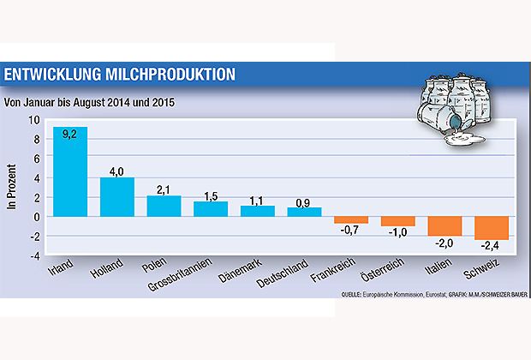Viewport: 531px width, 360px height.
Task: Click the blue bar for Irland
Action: coord(70,171)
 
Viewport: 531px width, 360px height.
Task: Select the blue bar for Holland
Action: coord(116,197)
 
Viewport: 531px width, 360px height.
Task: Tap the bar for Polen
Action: coord(164,207)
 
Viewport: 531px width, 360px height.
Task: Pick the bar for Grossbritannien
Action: coord(210,209)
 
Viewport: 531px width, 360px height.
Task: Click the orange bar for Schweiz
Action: coord(491,228)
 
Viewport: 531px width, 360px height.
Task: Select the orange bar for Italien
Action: coord(444,226)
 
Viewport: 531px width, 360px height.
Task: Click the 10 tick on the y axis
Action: coord(35,119)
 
